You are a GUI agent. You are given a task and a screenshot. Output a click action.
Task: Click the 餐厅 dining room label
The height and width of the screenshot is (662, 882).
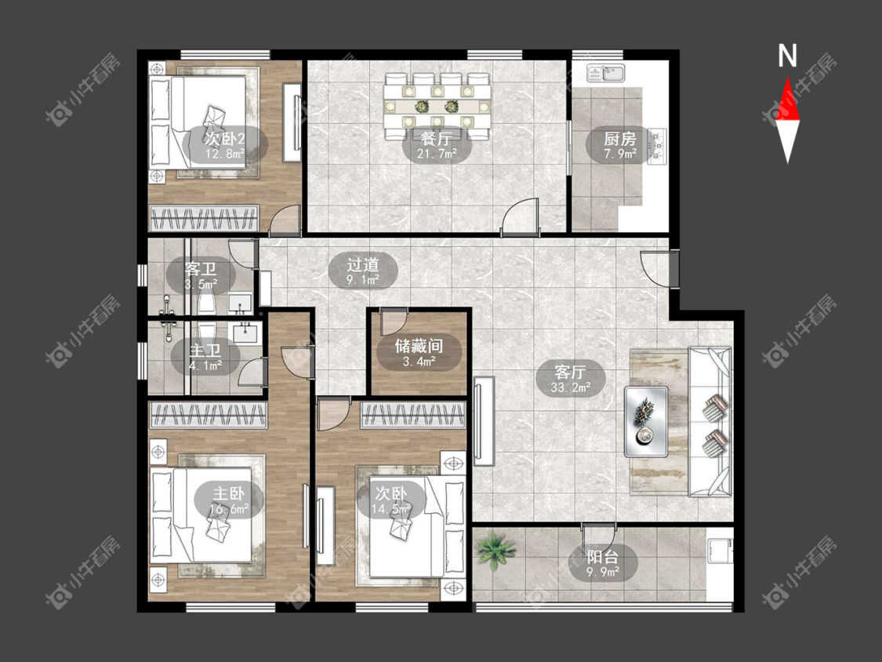click(436, 137)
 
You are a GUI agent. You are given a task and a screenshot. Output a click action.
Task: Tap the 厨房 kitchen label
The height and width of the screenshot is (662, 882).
click(619, 139)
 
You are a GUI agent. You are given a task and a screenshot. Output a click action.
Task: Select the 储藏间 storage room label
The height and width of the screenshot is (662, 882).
click(419, 346)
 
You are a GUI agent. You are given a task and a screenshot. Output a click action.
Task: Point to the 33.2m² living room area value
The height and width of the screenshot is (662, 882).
click(571, 387)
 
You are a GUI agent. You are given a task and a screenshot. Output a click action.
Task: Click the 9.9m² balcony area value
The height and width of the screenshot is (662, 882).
click(602, 572)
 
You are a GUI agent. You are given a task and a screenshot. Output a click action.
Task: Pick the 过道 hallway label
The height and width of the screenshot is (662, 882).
click(363, 264)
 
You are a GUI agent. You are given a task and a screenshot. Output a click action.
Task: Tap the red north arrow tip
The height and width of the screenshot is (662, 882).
click(787, 78)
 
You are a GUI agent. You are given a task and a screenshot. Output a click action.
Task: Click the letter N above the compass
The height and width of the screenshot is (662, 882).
click(787, 56)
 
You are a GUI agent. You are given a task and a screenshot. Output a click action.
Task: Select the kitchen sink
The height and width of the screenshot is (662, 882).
click(605, 73)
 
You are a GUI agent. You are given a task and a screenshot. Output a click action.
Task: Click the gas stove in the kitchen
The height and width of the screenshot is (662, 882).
click(656, 147)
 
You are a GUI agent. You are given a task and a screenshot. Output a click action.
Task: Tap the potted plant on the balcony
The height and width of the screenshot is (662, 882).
click(495, 550)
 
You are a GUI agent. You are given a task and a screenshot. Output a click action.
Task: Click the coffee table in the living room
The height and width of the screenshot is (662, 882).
click(646, 421)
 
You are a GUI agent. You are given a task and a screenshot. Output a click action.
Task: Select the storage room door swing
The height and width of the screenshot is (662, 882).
click(392, 322)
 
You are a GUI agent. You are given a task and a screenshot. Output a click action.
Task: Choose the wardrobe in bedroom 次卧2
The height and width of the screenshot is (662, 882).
click(204, 218)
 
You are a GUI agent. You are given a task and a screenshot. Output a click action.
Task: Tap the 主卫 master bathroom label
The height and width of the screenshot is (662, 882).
click(205, 351)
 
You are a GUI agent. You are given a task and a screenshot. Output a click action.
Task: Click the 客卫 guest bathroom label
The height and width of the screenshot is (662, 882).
click(201, 268)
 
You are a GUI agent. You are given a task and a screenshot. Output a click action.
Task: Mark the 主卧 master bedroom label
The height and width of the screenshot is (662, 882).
click(228, 493)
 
